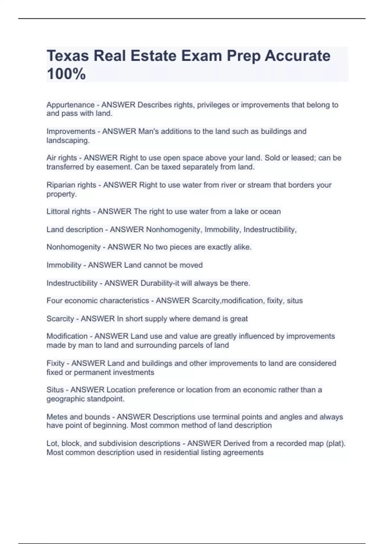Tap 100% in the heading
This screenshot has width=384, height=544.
point(66,74)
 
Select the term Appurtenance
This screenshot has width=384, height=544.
point(70,105)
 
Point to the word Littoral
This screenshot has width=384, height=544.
point(57,212)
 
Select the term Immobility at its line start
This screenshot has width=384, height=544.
point(64,265)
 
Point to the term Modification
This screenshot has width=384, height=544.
point(67,336)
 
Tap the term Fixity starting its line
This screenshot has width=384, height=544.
point(55,364)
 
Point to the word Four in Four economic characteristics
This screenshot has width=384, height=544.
point(54,301)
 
